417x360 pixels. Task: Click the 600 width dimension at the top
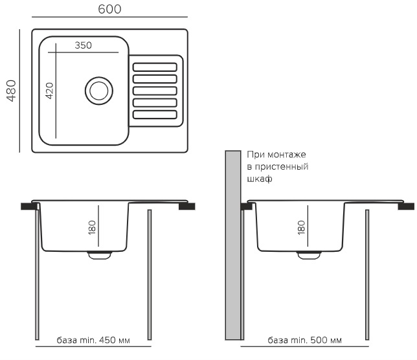109,9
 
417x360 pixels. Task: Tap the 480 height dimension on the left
11,91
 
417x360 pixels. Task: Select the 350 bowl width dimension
82,45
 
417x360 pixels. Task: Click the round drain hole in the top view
98,90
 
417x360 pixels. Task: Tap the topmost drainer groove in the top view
155,67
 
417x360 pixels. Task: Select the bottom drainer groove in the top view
155,115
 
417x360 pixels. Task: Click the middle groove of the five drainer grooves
155,91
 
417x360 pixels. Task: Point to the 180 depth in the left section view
92,227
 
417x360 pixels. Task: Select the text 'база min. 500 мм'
304,341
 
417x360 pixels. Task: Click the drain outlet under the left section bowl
98,254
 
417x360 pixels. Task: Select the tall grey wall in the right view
232,246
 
